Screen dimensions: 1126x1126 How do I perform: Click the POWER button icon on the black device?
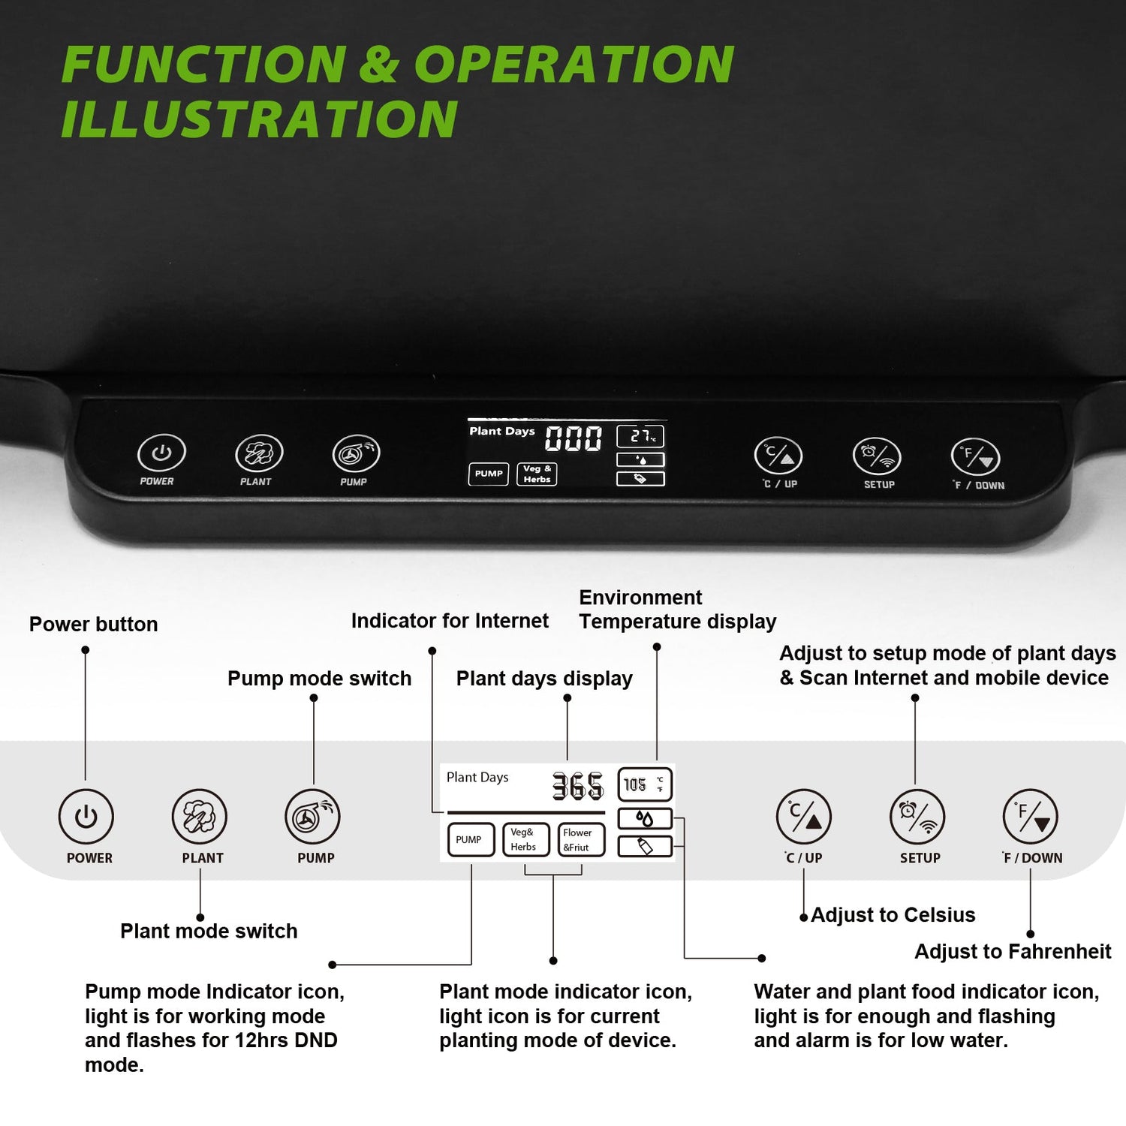coord(161,453)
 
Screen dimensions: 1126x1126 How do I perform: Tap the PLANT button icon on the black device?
coord(259,453)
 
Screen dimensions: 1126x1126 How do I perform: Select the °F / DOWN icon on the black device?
coord(975,457)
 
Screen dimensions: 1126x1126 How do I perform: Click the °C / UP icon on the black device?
coord(778,456)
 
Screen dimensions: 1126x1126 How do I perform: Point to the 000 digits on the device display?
coord(574,438)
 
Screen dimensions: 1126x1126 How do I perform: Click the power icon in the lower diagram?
coord(86,817)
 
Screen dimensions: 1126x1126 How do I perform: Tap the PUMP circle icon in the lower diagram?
coord(312,817)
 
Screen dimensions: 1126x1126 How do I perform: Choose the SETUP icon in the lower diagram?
coord(917,817)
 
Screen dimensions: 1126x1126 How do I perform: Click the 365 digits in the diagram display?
coord(578,786)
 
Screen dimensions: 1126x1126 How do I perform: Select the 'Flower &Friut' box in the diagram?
coord(581,839)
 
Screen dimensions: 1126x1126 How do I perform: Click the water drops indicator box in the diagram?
coord(645,818)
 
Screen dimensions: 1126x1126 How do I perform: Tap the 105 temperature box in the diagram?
coord(645,784)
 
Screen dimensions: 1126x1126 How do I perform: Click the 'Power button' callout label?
coord(93,625)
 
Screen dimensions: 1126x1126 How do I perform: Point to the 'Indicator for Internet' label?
coord(450,621)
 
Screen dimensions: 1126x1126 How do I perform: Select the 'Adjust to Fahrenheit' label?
coord(1013,952)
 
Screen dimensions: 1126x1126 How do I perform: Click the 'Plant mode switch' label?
coord(209,932)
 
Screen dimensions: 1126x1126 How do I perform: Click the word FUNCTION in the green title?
coord(203,65)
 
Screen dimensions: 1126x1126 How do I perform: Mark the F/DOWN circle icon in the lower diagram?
coord(1030,817)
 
